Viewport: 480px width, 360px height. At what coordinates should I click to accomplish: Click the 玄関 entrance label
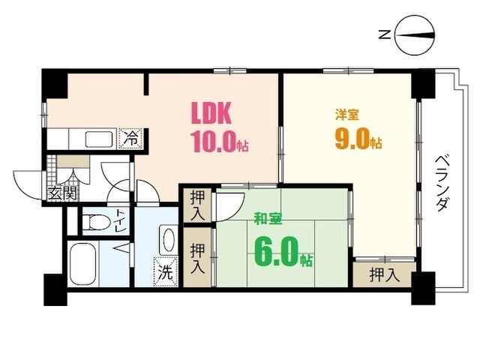pyautogui.click(x=62, y=192)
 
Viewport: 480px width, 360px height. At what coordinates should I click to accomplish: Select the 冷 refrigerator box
pyautogui.click(x=130, y=139)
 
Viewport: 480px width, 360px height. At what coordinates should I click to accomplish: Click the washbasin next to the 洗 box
pyautogui.click(x=166, y=239)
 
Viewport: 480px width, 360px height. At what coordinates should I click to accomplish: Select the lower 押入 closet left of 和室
pyautogui.click(x=197, y=256)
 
